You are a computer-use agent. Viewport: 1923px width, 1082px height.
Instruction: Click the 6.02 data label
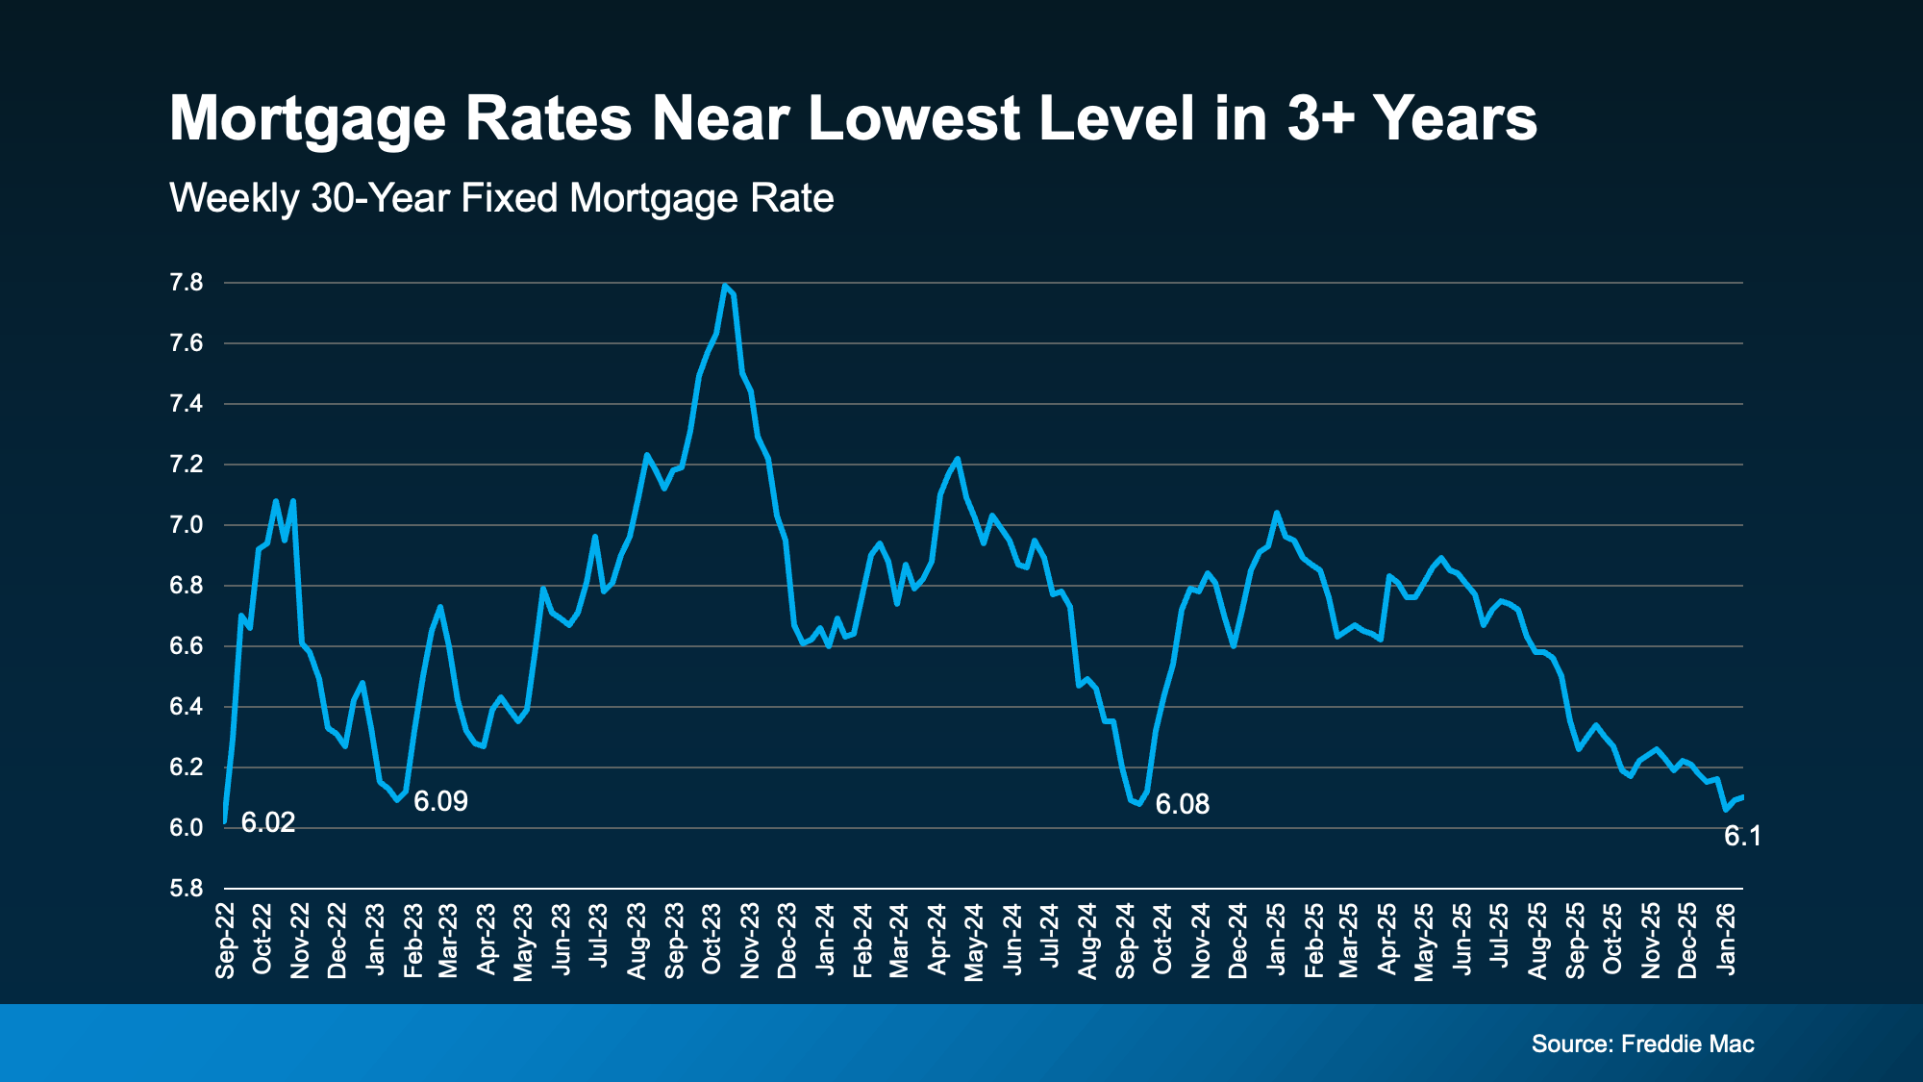[267, 822]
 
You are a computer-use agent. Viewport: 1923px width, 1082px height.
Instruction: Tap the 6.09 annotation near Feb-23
[440, 801]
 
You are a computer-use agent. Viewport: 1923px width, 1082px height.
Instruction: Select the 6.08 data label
[1182, 804]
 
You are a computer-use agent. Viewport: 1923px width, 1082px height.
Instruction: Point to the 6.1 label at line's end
[1742, 837]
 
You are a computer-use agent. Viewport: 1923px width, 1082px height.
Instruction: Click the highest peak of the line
[724, 286]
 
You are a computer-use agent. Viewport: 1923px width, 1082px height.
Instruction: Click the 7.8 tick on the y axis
[187, 283]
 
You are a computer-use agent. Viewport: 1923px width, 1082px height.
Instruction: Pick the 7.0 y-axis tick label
[187, 525]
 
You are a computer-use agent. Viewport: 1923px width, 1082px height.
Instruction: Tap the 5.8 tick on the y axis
[187, 889]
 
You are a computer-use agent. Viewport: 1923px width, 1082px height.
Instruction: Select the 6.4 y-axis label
[187, 707]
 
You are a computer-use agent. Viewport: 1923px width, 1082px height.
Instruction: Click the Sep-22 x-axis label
[226, 941]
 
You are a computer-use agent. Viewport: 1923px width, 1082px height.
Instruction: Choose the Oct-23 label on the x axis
[712, 941]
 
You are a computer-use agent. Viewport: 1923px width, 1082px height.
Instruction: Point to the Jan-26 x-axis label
[1727, 941]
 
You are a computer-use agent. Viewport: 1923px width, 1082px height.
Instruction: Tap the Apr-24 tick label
[937, 941]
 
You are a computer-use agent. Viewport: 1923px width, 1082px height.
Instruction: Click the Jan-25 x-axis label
[1276, 941]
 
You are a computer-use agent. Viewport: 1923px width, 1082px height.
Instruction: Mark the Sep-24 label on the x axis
[1125, 941]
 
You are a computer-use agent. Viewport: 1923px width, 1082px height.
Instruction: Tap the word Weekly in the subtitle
[235, 198]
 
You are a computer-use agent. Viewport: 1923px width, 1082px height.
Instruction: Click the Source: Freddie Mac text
[1642, 1044]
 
